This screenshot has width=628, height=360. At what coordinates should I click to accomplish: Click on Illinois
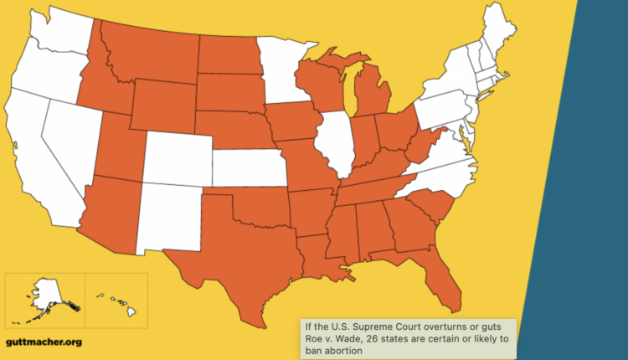pyautogui.click(x=337, y=142)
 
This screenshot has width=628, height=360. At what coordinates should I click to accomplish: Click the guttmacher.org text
pyautogui.click(x=43, y=342)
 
